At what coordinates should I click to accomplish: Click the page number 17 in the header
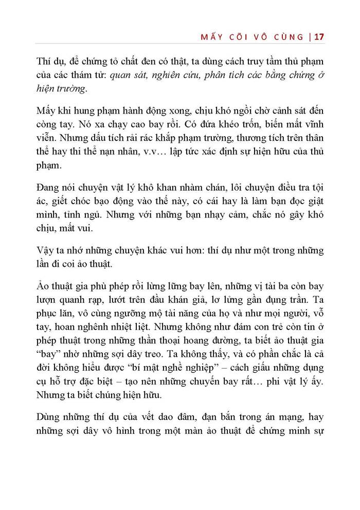pyautogui.click(x=318, y=38)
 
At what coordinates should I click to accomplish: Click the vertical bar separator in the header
pyautogui.click(x=310, y=38)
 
